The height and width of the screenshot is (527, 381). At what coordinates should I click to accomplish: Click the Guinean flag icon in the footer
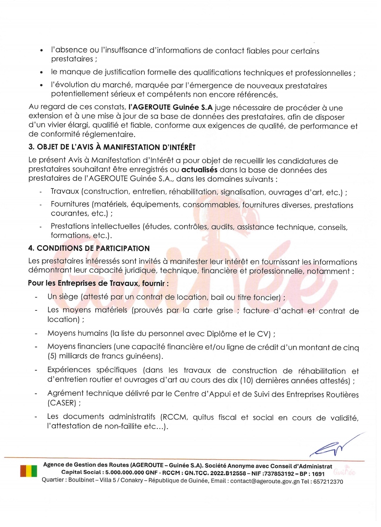(x=29, y=471)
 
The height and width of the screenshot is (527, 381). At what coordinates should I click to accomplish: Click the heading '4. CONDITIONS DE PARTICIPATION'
(x=89, y=248)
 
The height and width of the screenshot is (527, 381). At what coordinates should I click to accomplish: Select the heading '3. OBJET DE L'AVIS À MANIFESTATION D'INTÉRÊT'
(x=111, y=147)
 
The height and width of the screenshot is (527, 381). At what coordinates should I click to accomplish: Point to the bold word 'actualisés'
(x=199, y=170)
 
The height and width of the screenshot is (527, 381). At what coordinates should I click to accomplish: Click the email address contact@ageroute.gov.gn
(x=265, y=481)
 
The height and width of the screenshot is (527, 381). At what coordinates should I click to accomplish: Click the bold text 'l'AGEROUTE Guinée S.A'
(x=170, y=107)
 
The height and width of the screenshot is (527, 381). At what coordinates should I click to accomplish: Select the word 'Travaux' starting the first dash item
(x=65, y=191)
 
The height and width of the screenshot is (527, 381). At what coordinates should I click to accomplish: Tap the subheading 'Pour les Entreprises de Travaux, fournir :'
(x=98, y=283)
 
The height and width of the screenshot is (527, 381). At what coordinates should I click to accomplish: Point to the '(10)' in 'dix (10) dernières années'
(x=246, y=380)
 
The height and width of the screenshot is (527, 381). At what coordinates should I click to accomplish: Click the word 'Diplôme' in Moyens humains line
(x=221, y=334)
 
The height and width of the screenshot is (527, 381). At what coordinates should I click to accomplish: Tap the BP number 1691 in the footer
(x=318, y=474)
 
